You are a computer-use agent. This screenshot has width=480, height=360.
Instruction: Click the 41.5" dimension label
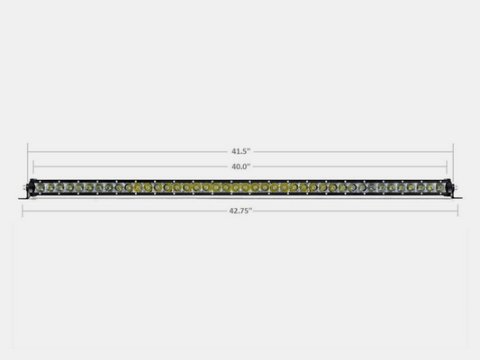240,151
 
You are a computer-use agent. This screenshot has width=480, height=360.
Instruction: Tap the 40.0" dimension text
240,166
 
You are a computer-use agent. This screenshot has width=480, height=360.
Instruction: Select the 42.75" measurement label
240,210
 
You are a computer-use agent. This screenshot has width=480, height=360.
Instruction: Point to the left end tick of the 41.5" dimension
28,151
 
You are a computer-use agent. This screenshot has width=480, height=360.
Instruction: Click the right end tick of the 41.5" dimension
453,151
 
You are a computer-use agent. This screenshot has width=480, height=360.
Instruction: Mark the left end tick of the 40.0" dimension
34,166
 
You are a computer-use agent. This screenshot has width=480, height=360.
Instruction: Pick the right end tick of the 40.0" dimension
447,166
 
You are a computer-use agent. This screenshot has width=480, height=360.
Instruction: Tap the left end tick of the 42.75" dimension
23,210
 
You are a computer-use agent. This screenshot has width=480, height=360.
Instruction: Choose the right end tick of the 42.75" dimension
458,210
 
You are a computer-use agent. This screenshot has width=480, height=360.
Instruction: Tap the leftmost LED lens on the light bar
41,187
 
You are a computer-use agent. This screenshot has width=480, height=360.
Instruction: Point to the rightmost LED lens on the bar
440,187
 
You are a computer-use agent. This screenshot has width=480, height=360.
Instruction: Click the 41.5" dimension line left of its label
126,151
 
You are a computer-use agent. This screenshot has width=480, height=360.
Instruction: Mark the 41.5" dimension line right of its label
351,151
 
